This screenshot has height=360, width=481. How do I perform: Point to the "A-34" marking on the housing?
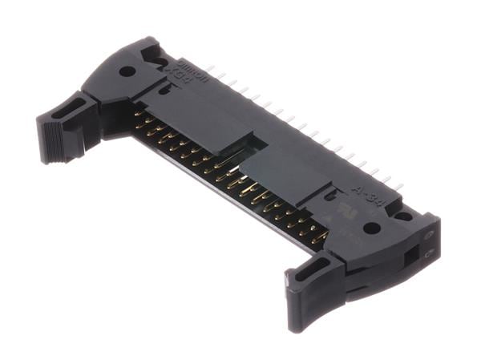(x=365, y=196)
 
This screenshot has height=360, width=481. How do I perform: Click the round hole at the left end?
(x=127, y=71)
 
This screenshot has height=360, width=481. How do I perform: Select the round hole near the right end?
(x=371, y=228)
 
